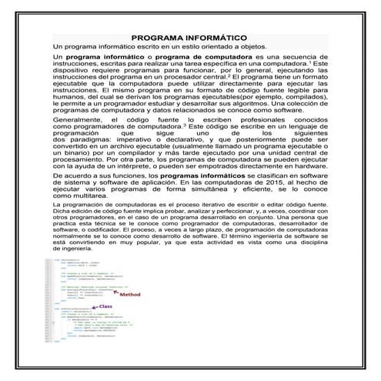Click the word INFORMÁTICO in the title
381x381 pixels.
pos(217,37)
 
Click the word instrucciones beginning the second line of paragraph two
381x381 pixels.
pos(76,65)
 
